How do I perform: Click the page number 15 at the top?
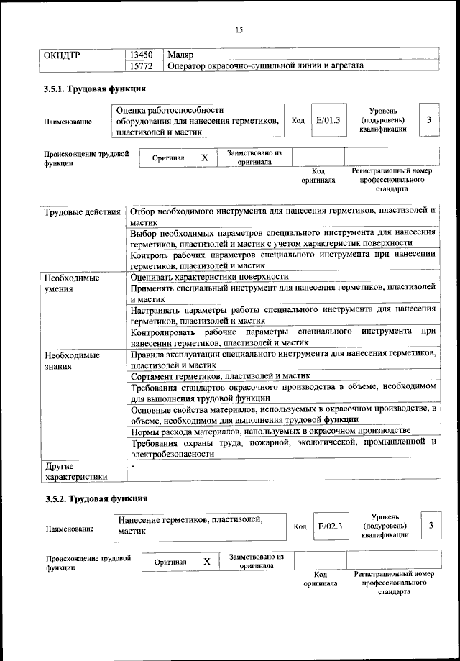[x=239, y=29]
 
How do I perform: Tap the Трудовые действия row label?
[x=82, y=212]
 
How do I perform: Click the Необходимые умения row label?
[x=71, y=283]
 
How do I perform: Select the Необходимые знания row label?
[x=71, y=360]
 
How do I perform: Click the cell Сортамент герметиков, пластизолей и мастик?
[x=219, y=376]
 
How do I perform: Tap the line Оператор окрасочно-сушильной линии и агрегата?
[x=264, y=65]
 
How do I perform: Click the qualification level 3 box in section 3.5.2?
[x=431, y=526]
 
